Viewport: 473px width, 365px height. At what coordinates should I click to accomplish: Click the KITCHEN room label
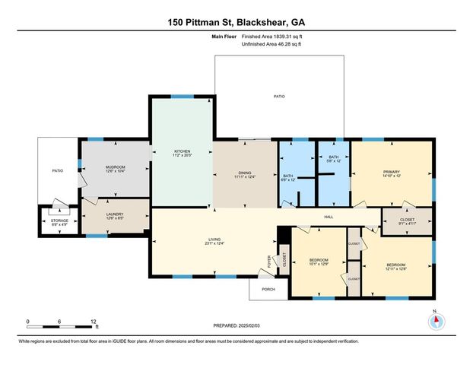[181, 151]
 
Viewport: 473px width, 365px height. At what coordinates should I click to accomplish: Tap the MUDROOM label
[115, 167]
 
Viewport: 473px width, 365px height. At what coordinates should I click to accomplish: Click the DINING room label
[243, 173]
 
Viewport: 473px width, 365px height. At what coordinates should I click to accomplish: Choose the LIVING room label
[214, 240]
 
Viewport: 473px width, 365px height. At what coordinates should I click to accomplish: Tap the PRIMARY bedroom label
[391, 173]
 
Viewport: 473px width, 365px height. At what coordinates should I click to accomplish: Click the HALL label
[329, 217]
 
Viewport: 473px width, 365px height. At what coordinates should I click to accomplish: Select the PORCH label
[268, 290]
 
